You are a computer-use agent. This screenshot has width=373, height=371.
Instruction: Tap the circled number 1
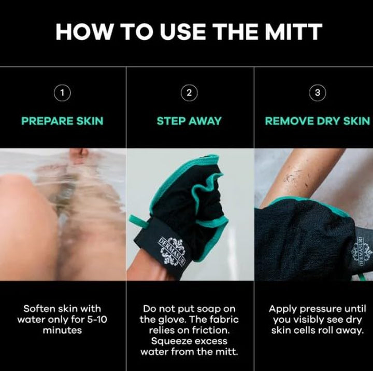click(x=62, y=93)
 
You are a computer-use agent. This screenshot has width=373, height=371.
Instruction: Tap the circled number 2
click(x=189, y=93)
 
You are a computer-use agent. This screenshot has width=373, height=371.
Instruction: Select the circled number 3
click(x=317, y=93)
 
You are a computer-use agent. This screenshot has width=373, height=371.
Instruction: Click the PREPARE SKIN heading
click(x=62, y=121)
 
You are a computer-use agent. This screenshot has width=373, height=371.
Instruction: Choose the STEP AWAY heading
click(x=189, y=121)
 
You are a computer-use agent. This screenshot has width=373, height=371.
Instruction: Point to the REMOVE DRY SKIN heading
click(x=317, y=121)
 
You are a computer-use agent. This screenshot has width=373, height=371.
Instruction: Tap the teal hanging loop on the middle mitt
click(x=136, y=221)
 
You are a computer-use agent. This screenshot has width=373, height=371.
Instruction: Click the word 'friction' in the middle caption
click(x=211, y=330)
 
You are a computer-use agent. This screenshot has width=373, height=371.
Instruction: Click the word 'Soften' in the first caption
click(x=41, y=308)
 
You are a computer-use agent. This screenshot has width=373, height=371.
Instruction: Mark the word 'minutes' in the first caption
click(x=62, y=330)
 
